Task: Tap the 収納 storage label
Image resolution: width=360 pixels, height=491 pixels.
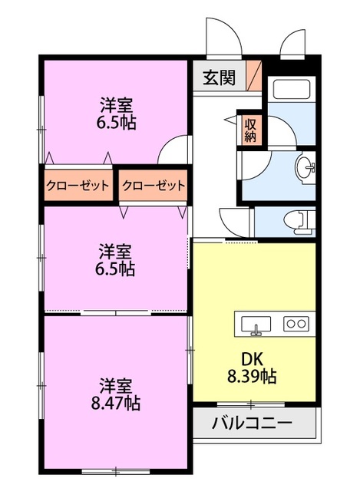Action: (250, 130)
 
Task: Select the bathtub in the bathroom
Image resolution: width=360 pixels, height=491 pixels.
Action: (290, 91)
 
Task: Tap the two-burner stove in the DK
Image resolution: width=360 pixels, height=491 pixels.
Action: (296, 323)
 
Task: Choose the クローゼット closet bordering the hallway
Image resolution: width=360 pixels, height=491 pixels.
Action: (154, 185)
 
